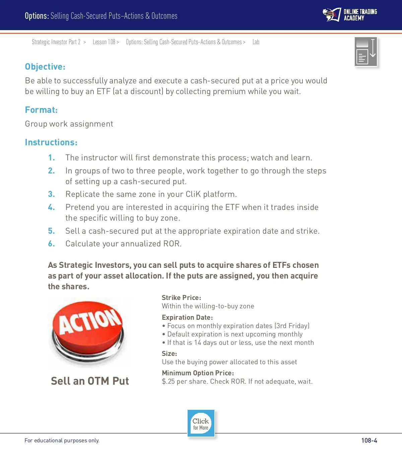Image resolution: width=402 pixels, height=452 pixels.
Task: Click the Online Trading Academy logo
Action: click(350, 15)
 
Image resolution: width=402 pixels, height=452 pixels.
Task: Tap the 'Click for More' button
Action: click(201, 424)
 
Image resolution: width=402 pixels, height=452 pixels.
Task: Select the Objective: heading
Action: click(45, 67)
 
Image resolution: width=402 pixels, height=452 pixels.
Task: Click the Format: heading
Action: click(41, 110)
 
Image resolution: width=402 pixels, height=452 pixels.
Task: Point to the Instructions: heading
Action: click(51, 142)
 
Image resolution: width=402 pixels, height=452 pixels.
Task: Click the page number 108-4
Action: click(369, 440)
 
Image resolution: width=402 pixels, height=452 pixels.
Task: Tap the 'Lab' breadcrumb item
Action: click(256, 42)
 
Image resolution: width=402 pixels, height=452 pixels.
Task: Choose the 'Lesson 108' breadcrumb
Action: click(104, 42)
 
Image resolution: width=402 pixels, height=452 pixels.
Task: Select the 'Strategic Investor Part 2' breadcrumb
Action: click(56, 42)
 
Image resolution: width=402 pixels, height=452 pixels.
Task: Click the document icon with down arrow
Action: click(366, 52)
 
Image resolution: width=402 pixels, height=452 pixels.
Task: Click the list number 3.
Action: click(51, 194)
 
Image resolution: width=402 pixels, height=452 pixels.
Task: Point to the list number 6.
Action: click(51, 244)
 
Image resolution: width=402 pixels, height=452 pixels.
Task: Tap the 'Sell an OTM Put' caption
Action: click(90, 381)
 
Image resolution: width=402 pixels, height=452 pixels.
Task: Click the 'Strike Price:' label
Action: click(181, 298)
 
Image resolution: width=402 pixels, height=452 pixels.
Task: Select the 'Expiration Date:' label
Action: click(187, 317)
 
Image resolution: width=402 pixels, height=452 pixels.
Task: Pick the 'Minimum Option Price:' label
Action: click(198, 373)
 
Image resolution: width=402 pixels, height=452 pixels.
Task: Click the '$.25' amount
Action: click(168, 382)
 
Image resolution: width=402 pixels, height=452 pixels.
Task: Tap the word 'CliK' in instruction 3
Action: click(193, 194)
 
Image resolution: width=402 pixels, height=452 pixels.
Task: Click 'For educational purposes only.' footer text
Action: click(62, 441)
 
